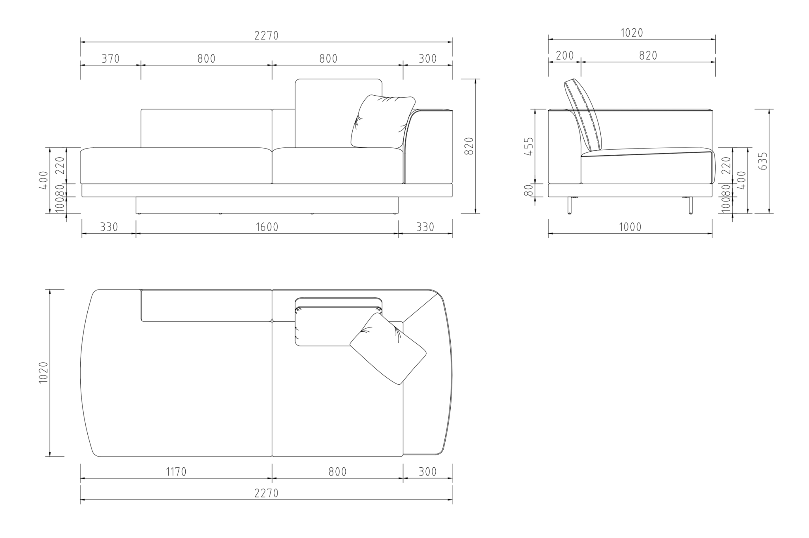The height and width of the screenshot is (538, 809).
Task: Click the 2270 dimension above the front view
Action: pyautogui.click(x=266, y=36)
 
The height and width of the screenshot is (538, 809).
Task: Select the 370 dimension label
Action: pyautogui.click(x=111, y=58)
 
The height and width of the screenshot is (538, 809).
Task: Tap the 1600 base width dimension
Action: pyautogui.click(x=267, y=227)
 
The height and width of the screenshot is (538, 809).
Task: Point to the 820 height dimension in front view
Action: pyautogui.click(x=469, y=146)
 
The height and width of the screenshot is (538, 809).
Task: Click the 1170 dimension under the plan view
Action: pyautogui.click(x=176, y=472)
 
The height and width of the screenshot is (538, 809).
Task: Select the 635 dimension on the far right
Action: pyautogui.click(x=764, y=161)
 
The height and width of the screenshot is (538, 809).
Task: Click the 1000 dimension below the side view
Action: pyautogui.click(x=630, y=227)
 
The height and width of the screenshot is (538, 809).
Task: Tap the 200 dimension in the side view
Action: pyautogui.click(x=564, y=56)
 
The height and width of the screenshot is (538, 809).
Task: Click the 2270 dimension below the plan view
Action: pyautogui.click(x=266, y=493)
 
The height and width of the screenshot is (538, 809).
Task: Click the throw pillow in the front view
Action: pyautogui.click(x=381, y=122)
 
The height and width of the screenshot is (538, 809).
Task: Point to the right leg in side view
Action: pyautogui.click(x=690, y=205)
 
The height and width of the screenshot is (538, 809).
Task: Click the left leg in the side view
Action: pyautogui.click(x=569, y=205)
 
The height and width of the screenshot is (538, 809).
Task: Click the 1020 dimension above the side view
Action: pyautogui.click(x=632, y=33)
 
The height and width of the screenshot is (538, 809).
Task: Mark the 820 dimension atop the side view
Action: pyautogui.click(x=648, y=56)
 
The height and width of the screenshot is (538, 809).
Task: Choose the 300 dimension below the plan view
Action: pyautogui.click(x=427, y=472)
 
